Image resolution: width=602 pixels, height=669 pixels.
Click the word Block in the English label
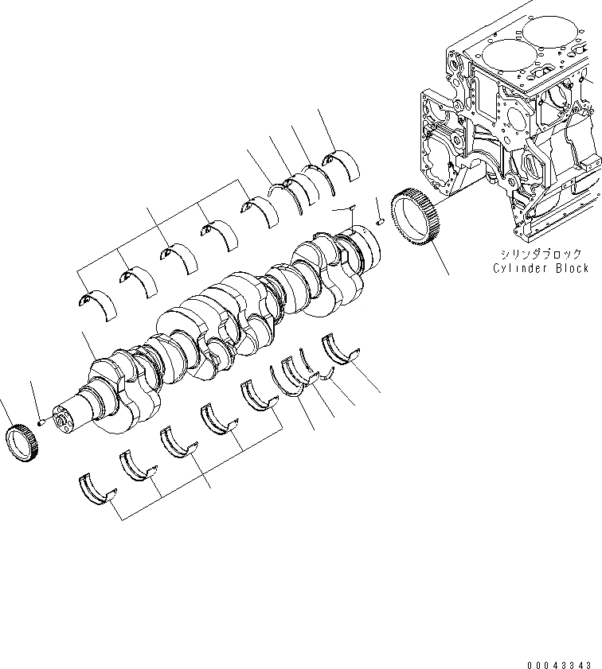pos(572,268)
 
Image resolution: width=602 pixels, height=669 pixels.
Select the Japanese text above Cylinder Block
pos(541,254)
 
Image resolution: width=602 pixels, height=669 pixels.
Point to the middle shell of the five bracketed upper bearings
pos(178,257)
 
